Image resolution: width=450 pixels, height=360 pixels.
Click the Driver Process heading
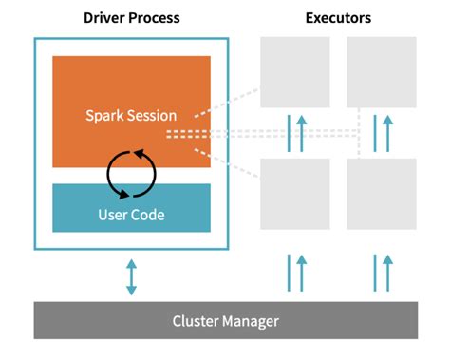click(131, 17)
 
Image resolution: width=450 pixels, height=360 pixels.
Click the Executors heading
click(338, 17)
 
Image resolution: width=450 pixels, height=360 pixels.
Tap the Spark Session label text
click(131, 116)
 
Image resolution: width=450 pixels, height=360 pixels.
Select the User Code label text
click(131, 214)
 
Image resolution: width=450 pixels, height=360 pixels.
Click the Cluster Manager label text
click(225, 321)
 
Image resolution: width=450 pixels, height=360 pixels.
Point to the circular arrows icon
click(131, 171)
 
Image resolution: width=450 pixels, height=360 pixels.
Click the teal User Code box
click(131, 208)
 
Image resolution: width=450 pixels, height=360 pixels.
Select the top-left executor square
click(295, 72)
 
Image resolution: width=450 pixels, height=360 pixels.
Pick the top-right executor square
click(382, 72)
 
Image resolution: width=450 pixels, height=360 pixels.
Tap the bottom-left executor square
click(295, 194)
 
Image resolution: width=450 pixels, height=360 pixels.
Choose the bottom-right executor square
click(382, 194)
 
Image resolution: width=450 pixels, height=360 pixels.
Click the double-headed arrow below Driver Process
click(131, 275)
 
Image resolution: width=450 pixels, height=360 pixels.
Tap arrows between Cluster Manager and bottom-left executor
click(295, 270)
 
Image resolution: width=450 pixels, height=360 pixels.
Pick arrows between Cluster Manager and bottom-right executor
click(382, 270)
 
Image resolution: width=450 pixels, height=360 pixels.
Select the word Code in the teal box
click(148, 214)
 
